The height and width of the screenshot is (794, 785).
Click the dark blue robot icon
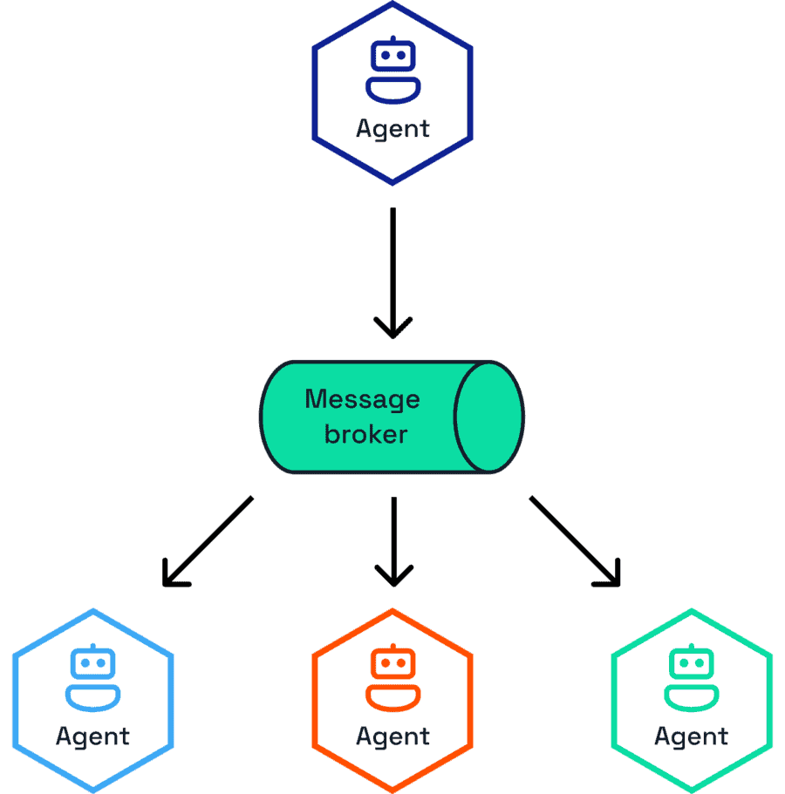coord(392,70)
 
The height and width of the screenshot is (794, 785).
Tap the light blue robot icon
coord(92,678)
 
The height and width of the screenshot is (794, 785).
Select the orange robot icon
coord(392,678)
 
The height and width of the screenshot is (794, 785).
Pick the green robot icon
coord(692,678)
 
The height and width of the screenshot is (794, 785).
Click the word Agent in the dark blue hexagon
coord(392,129)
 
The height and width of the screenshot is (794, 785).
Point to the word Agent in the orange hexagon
coord(392,736)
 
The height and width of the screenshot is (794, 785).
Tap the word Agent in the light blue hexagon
coord(92,736)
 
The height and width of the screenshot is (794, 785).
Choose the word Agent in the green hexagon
coord(692,736)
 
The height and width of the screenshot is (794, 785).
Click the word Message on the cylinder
coord(362,400)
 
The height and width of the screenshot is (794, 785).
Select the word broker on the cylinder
coord(365,433)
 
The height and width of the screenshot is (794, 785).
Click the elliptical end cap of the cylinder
coord(488,417)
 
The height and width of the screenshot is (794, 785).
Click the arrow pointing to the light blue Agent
coord(208,541)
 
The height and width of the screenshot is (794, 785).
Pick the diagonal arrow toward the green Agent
coord(575,541)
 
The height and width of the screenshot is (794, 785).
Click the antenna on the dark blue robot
coord(392,40)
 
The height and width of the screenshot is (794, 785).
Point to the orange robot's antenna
coord(392,648)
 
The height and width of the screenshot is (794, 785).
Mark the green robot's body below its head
coord(692,697)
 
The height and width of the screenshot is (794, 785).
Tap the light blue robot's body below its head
coord(92,697)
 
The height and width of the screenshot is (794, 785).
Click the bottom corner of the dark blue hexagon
coord(392,182)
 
